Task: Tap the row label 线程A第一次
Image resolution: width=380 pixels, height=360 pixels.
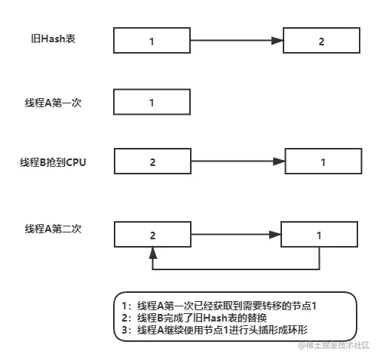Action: click(x=52, y=102)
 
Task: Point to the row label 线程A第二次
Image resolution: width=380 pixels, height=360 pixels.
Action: click(x=52, y=229)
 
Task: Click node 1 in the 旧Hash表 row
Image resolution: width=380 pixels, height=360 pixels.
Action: click(x=152, y=41)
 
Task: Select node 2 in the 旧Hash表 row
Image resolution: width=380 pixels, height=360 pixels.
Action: click(x=321, y=41)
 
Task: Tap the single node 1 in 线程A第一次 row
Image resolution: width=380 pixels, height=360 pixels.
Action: click(x=152, y=103)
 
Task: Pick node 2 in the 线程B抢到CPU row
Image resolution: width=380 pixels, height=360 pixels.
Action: click(x=152, y=162)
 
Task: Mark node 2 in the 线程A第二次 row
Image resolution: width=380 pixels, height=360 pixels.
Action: click(x=152, y=235)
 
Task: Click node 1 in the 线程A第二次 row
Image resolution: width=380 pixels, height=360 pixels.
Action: click(x=318, y=235)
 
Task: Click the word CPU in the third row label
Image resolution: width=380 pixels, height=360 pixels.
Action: click(x=77, y=162)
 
